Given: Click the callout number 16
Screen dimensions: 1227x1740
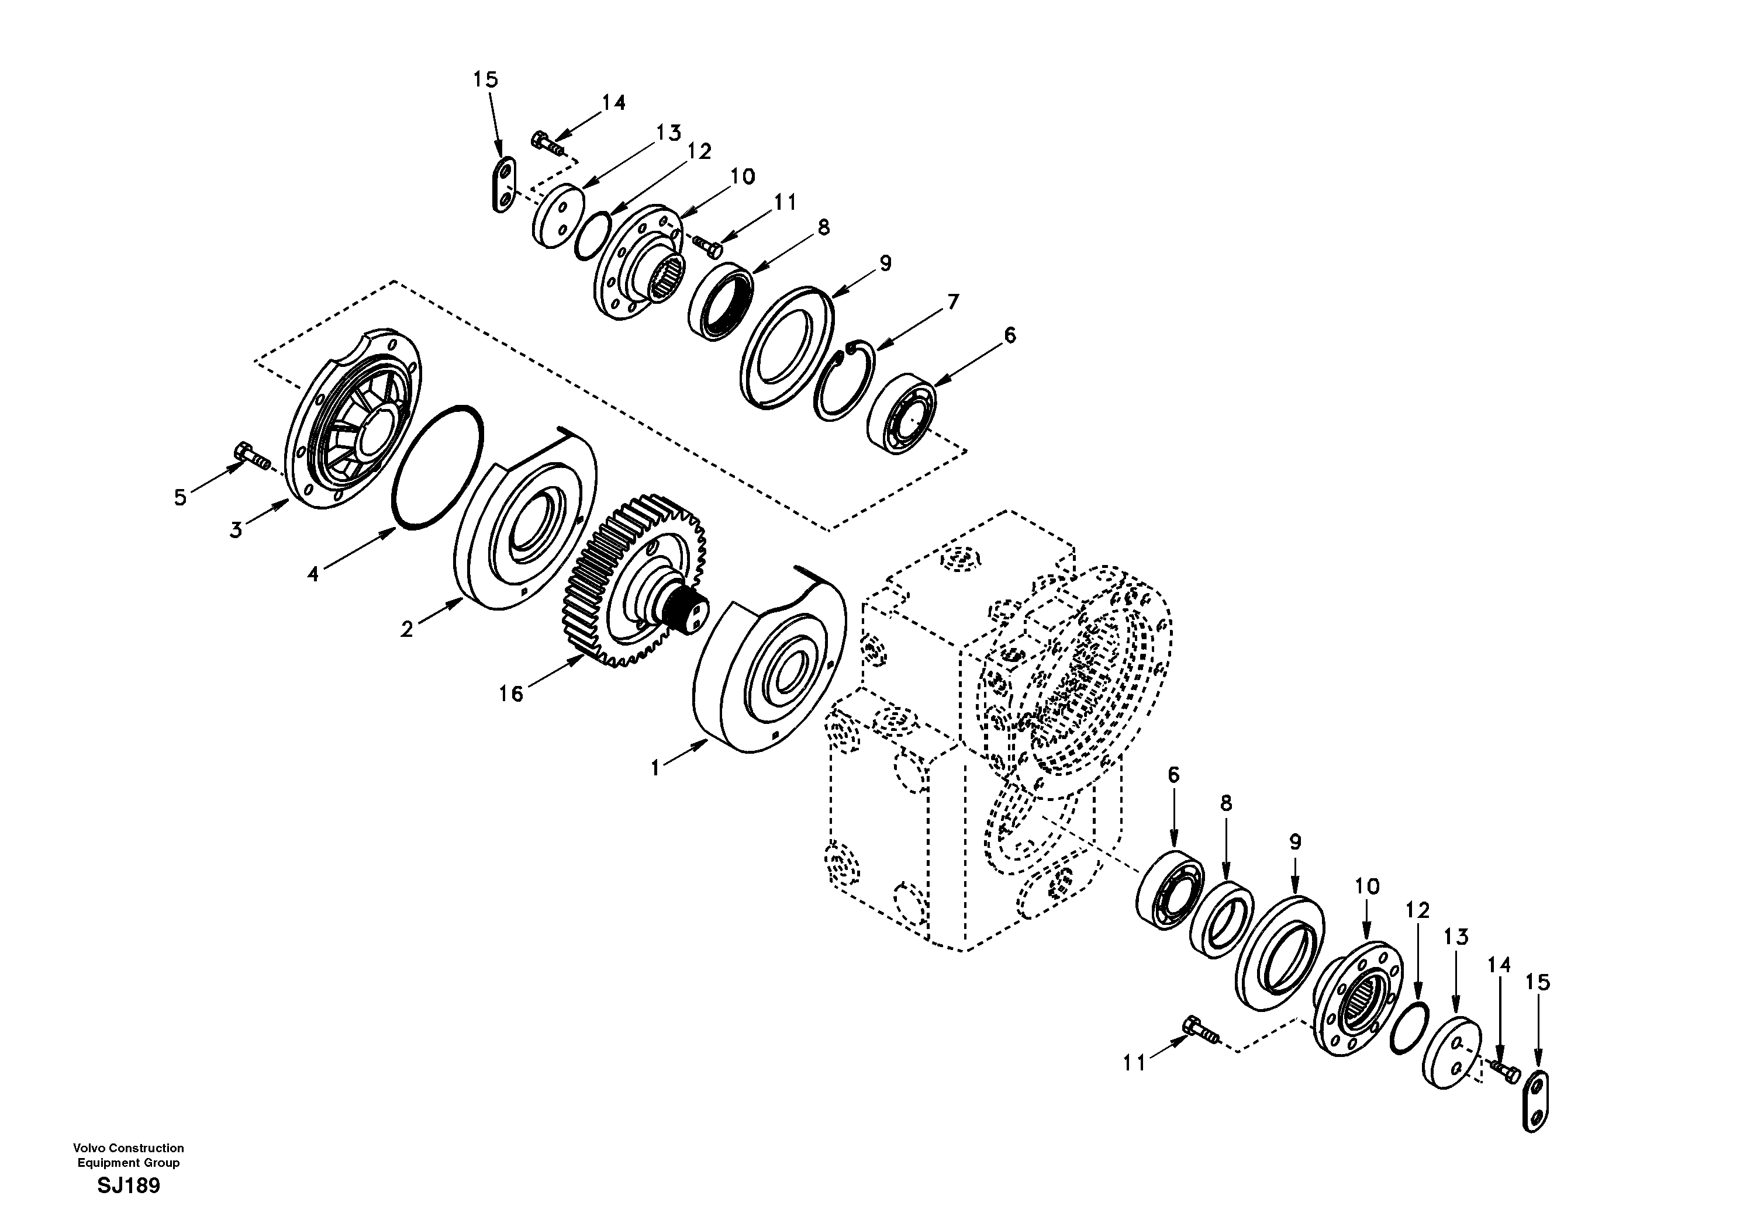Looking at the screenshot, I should (x=511, y=693).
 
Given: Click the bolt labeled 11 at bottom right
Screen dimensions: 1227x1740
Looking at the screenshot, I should (x=1197, y=1032).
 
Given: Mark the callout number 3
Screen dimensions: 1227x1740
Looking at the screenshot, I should (x=236, y=530).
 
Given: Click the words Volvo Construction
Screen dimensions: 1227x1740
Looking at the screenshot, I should (x=128, y=1148).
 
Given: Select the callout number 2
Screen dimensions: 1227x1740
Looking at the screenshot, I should (x=407, y=629).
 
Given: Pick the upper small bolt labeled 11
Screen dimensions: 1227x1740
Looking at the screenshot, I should (x=707, y=242).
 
